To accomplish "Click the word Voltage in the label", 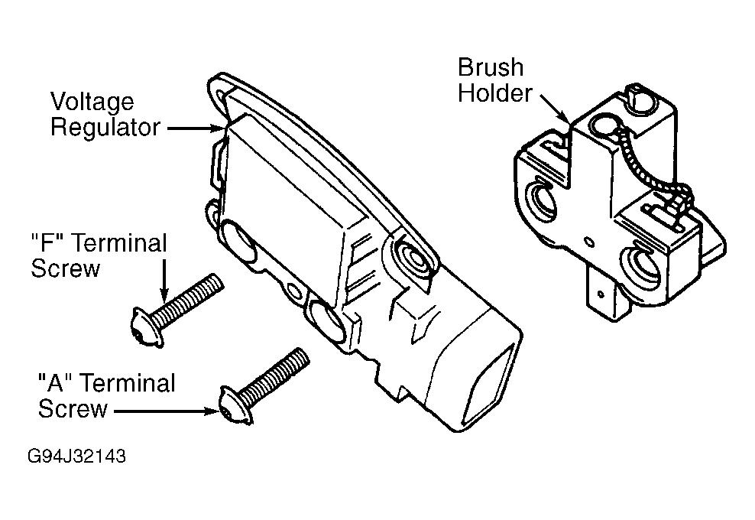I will coord(92,102).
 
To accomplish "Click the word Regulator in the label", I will coord(105,128).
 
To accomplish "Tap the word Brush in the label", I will coord(491,68).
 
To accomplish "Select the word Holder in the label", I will coord(494,94).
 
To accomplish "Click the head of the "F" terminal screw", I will coord(138,323).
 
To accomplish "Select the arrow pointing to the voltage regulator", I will coord(196,129).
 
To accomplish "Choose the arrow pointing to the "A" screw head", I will coord(165,411).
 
